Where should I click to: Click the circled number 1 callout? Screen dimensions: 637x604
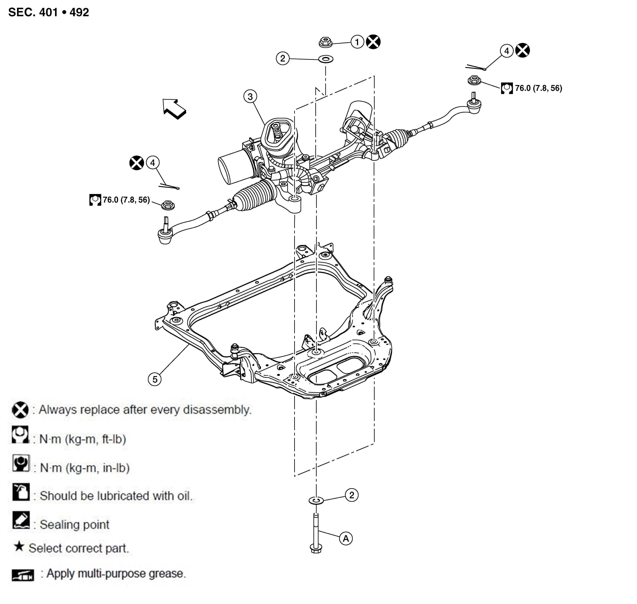click(357, 42)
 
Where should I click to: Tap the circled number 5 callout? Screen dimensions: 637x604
click(155, 379)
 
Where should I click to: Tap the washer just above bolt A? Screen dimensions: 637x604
click(316, 500)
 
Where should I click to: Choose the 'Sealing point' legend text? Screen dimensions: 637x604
click(74, 525)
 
